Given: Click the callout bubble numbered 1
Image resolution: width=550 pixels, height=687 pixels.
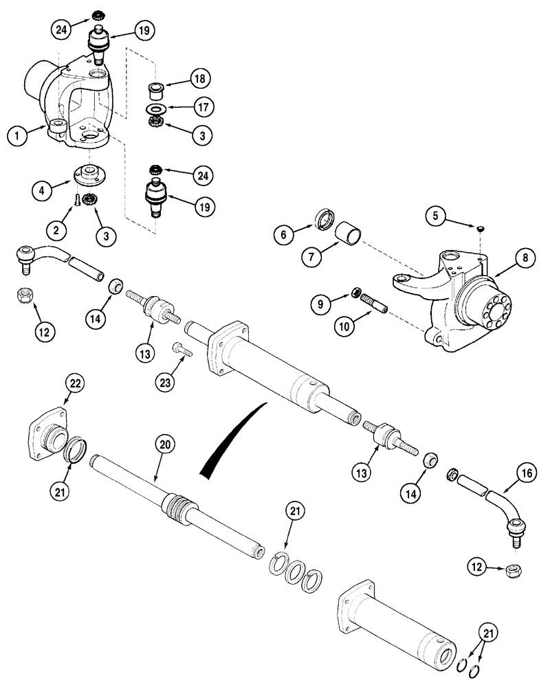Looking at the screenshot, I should pos(19,135).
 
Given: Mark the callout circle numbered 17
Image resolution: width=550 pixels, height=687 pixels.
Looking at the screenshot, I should pos(203,107).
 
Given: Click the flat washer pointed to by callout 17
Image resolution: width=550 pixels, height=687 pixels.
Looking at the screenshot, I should pos(158,109).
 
